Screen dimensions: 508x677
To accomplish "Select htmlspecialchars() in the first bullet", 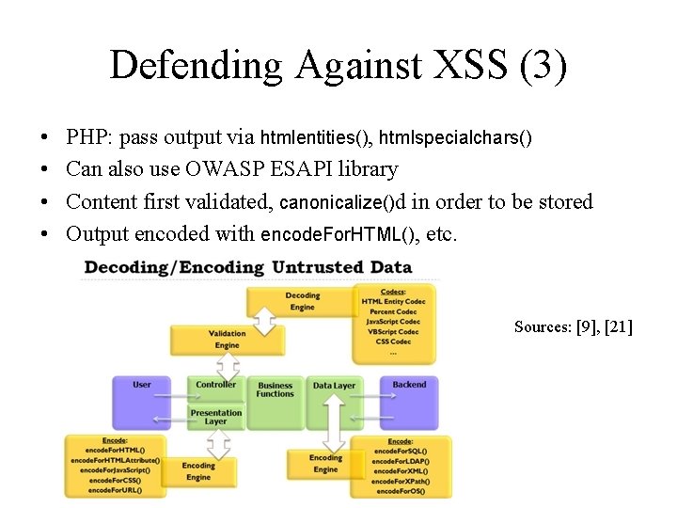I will tap(455, 138).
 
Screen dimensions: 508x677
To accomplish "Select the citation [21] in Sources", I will tap(619, 327).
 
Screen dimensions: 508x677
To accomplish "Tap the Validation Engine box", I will tap(227, 340).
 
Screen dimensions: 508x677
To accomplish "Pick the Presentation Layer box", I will tap(216, 417).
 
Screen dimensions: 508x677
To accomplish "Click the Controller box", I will tap(216, 386).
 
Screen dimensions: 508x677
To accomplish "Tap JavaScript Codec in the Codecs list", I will tap(393, 322).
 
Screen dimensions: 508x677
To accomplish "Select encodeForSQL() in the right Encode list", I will tap(400, 452).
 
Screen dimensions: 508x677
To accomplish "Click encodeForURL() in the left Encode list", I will tap(114, 490).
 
